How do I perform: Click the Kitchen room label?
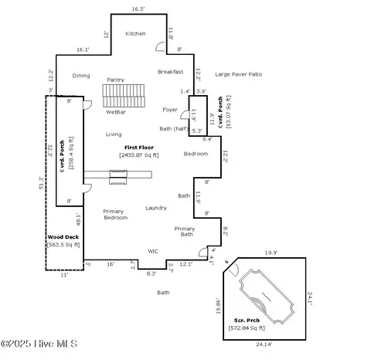point(135,34)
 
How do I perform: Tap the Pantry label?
point(115,80)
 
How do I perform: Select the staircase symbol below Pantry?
point(124,96)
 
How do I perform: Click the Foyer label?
point(170,110)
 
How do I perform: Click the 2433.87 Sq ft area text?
point(139,155)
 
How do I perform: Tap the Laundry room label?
point(156,208)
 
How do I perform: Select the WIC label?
point(153,251)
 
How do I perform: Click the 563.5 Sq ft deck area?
point(63,246)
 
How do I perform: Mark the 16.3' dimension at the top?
point(138,8)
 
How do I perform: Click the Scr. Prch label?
point(249,320)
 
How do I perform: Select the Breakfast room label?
point(170,72)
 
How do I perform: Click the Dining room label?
point(81,76)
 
